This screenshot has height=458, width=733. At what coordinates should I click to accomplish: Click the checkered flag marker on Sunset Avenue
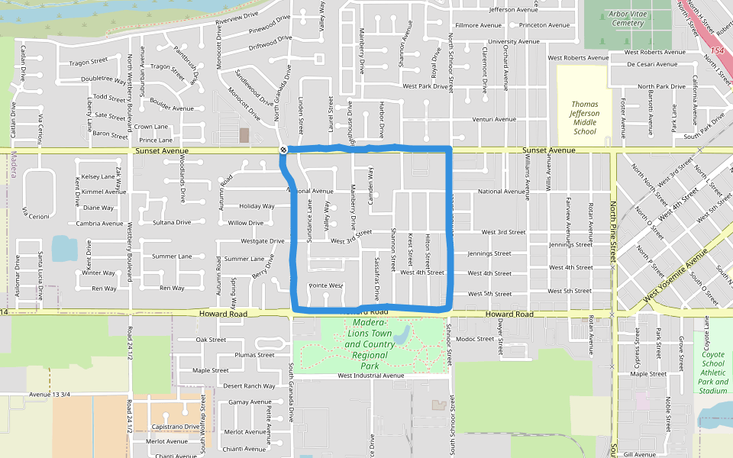click(283, 150)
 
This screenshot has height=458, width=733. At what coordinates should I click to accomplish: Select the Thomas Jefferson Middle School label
click(585, 118)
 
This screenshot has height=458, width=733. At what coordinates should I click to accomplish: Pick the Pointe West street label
click(325, 285)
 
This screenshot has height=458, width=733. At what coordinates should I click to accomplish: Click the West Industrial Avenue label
click(370, 376)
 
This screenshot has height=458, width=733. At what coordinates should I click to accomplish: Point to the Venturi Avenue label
click(494, 119)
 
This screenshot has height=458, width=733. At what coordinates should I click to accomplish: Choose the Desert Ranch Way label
click(248, 385)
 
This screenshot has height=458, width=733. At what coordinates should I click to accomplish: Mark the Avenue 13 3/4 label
click(50, 395)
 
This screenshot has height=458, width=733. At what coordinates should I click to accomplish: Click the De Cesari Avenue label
click(651, 64)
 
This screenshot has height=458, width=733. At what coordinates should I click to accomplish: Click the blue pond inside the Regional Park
click(402, 334)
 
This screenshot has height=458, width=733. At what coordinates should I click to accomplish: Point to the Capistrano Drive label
click(175, 427)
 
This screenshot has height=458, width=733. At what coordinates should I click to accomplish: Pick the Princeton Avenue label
click(544, 25)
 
